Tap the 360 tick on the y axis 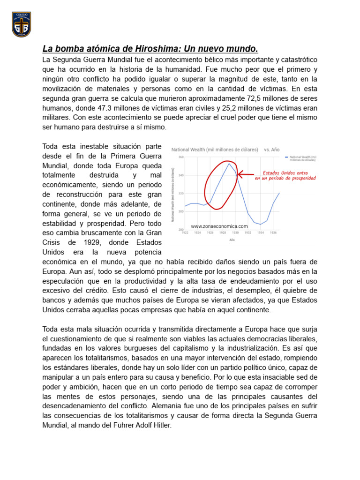(180, 157)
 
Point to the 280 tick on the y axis (180, 230)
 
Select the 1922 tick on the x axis (185, 233)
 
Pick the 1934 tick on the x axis (261, 233)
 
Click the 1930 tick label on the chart (236, 233)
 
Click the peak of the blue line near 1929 (229, 163)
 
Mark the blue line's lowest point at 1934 (261, 225)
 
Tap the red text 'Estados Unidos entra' (285, 172)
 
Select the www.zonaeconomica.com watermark (219, 226)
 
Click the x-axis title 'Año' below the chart (232, 240)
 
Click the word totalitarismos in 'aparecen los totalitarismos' (95, 358)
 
